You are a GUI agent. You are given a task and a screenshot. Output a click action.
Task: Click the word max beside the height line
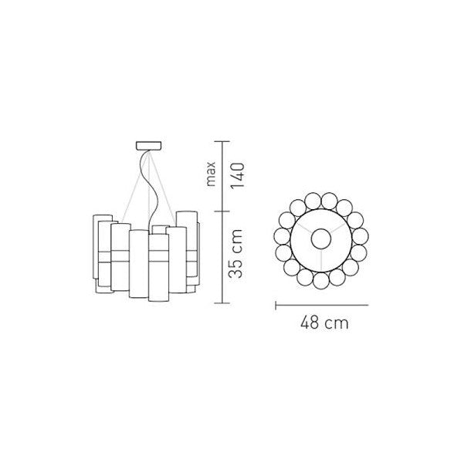211,174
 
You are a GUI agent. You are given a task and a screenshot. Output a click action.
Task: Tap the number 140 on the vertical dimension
237,176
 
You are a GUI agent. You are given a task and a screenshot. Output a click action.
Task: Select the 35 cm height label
236,254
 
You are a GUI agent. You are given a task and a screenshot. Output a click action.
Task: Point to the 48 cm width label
324,323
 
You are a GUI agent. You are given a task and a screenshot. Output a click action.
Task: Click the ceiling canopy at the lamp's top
148,145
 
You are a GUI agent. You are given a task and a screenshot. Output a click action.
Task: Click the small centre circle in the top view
321,238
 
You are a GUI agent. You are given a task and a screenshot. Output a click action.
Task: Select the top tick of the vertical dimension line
222,142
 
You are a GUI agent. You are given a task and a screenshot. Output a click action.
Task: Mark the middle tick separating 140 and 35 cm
222,211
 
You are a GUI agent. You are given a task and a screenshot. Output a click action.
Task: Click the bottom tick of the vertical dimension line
222,303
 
